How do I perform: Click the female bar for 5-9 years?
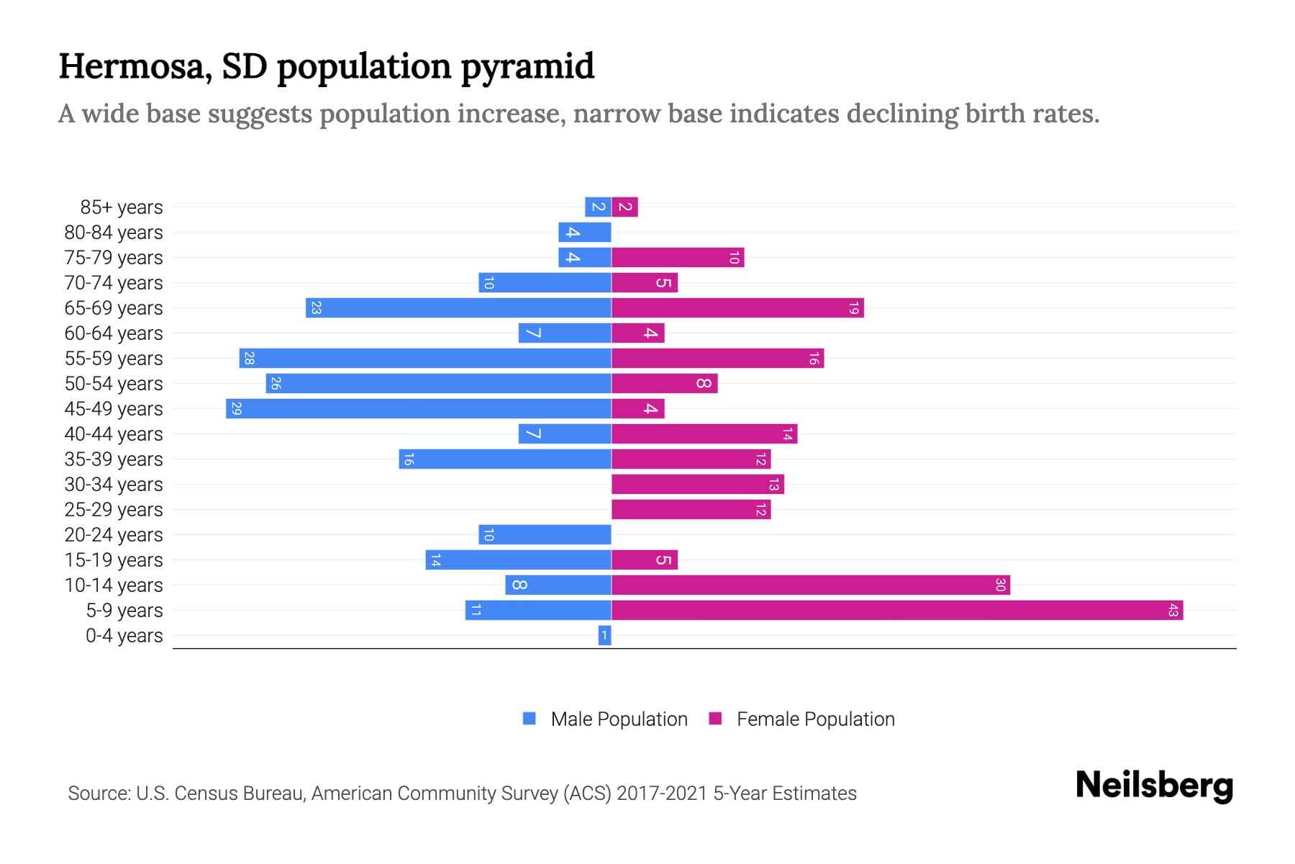897,611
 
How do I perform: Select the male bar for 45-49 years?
419,409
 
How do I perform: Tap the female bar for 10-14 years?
811,585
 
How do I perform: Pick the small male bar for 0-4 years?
604,636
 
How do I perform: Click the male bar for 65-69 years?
458,308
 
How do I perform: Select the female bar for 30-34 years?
698,485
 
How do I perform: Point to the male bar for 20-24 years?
545,535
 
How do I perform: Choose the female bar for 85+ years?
625,207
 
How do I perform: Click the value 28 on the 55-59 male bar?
249,359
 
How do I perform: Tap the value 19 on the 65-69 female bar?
853,308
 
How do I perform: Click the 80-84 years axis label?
114,233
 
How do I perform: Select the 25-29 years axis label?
114,510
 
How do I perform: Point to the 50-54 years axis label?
114,384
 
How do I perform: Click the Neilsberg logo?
1154,786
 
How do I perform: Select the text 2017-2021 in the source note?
662,793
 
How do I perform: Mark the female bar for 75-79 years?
678,258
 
